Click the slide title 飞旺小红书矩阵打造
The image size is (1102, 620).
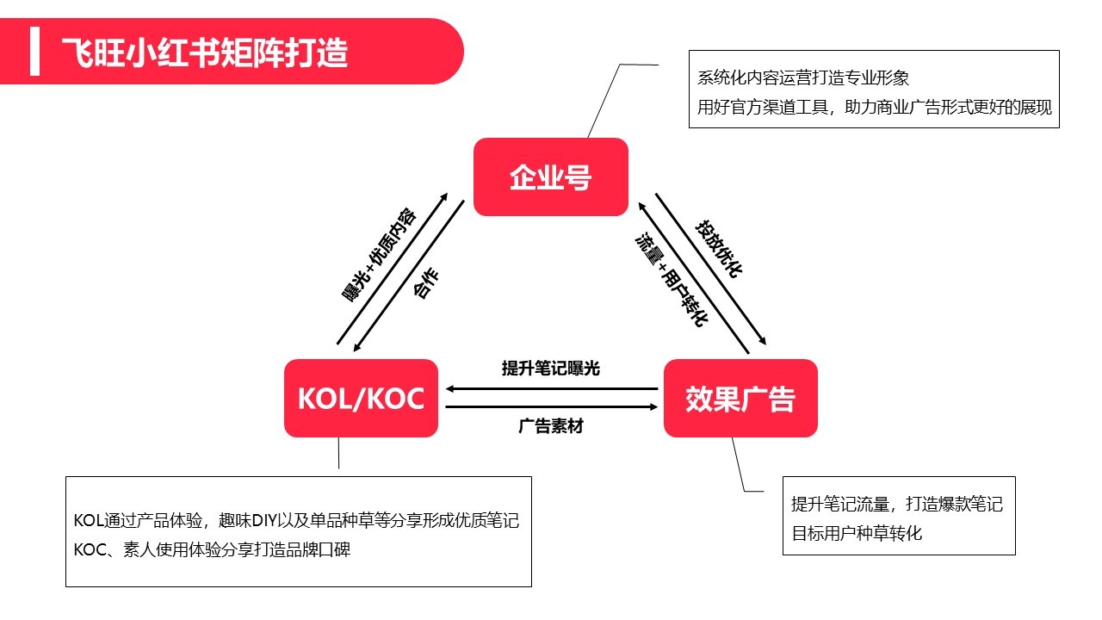(205, 53)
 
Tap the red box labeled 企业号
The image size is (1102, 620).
(550, 177)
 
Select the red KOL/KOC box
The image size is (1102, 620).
(361, 399)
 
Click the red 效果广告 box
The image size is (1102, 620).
(740, 399)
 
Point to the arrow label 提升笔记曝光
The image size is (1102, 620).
(550, 369)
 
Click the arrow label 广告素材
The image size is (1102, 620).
(550, 425)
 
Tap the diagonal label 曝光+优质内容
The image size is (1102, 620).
(380, 254)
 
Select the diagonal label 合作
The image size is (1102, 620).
(427, 284)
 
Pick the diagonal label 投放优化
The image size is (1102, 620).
(719, 249)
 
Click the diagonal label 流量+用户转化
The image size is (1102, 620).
(672, 279)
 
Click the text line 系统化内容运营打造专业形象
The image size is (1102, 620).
(803, 78)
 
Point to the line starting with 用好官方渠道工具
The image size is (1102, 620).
(875, 108)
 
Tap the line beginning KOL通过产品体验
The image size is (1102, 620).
(296, 521)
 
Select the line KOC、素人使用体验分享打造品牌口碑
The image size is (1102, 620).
(212, 550)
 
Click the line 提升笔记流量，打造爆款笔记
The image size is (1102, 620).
(897, 505)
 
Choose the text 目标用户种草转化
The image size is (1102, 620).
(857, 533)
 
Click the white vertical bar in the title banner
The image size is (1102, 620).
(34, 52)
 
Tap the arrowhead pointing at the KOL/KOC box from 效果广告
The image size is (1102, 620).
(450, 389)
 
